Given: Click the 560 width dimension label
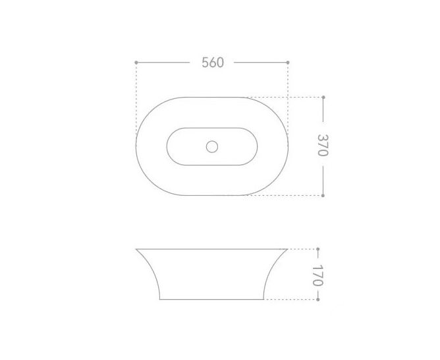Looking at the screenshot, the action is coord(213,63).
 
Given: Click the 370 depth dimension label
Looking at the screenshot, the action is coord(323,145).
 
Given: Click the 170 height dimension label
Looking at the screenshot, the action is coord(317,275).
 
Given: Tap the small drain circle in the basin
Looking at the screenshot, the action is coord(212,146).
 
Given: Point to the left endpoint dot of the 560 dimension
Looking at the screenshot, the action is coord(136,63).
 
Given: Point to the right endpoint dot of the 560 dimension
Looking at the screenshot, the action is coord(288,63).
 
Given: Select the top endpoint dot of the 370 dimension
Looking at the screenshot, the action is coord(323,97).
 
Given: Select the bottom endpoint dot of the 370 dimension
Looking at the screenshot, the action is coord(323,195).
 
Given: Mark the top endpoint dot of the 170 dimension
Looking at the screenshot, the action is coord(317,249).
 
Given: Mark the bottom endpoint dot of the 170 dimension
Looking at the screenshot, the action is coord(317,299).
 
